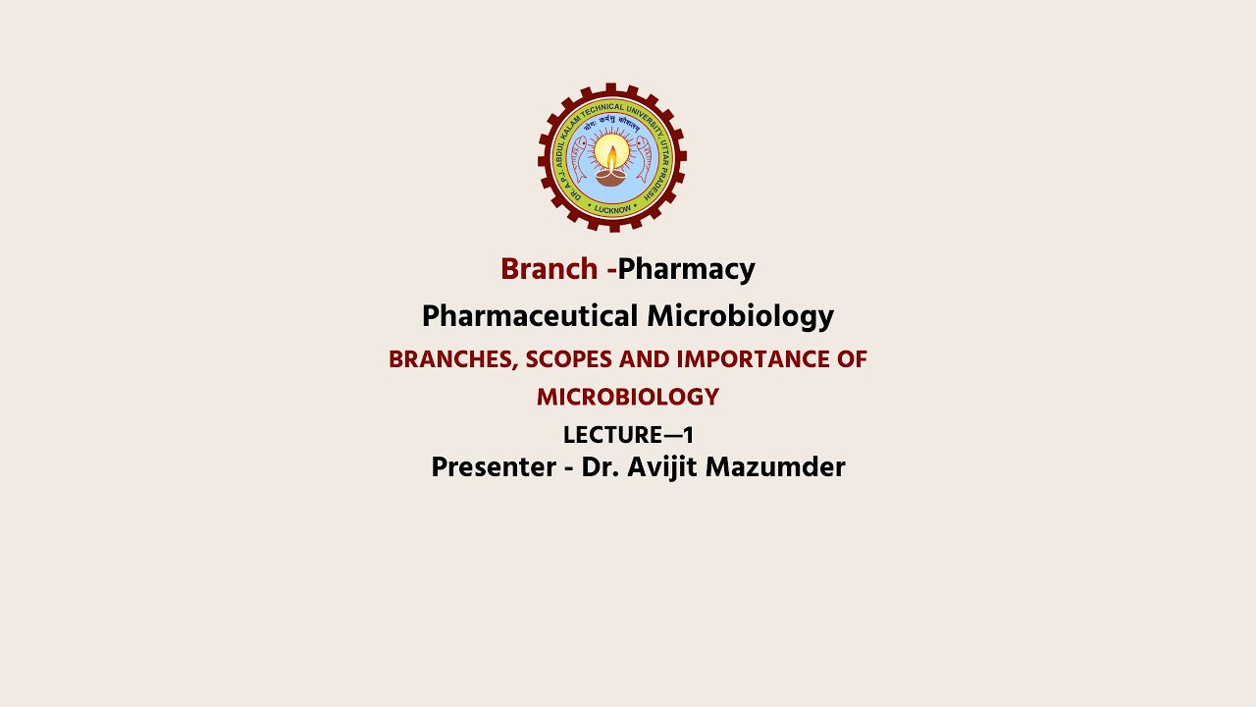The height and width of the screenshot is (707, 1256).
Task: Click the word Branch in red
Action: click(549, 269)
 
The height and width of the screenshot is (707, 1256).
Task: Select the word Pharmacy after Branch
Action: click(686, 269)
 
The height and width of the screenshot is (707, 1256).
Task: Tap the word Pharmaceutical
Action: click(530, 316)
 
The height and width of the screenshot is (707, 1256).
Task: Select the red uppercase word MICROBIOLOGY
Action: click(628, 398)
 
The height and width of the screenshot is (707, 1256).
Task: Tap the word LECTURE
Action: click(613, 435)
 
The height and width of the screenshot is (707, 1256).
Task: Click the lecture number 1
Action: click(688, 435)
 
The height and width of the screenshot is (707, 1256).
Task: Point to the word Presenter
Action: click(494, 467)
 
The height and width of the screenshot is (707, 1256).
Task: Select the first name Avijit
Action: click(658, 467)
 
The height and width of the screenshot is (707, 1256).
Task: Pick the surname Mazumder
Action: click(775, 467)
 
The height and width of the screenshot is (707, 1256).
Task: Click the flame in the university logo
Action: click(612, 155)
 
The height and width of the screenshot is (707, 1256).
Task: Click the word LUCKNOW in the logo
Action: click(612, 209)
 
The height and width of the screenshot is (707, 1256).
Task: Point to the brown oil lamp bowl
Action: click(611, 179)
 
